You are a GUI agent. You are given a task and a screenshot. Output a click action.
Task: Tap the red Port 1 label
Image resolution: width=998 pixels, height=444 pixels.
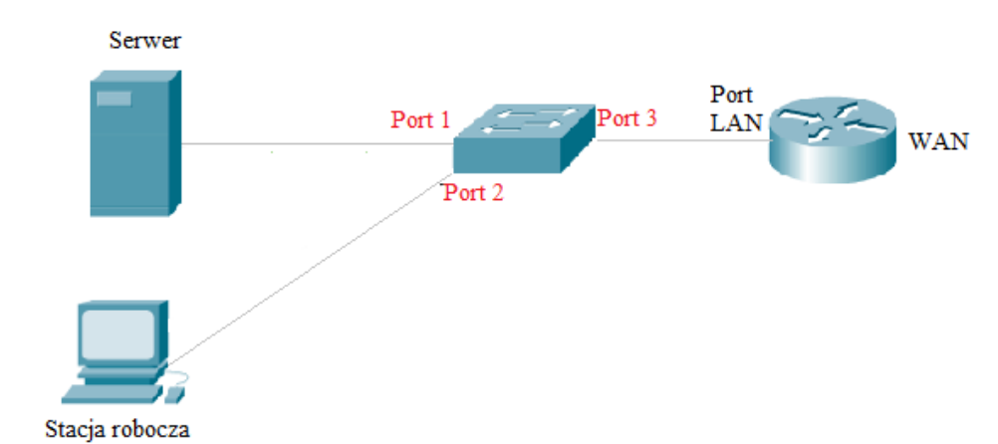click(420, 120)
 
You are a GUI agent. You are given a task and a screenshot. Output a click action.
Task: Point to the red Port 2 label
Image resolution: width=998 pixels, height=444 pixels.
click(473, 192)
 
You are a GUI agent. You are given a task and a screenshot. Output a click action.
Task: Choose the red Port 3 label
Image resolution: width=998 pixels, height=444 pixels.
click(626, 118)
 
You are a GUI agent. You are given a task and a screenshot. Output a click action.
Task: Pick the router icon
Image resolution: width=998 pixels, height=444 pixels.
click(833, 139)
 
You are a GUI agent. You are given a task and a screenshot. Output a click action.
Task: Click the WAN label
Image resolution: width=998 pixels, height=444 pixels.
click(938, 141)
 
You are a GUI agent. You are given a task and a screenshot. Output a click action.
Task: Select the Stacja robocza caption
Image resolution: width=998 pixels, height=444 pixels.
click(117, 430)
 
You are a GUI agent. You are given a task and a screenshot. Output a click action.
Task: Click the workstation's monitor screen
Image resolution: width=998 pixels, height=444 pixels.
click(118, 332)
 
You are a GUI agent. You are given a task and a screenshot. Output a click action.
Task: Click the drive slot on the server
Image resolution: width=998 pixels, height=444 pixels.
click(113, 98)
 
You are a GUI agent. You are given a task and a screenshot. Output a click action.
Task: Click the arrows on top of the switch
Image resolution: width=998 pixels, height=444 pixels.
click(524, 119)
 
